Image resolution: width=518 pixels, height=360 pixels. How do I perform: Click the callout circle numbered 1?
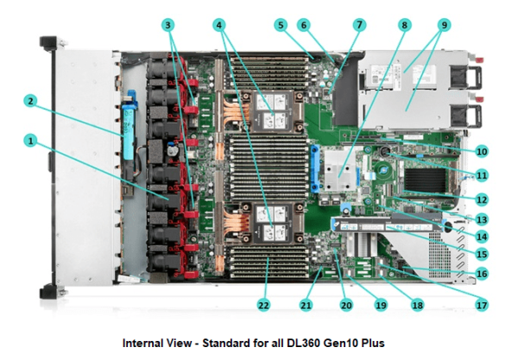[31, 139]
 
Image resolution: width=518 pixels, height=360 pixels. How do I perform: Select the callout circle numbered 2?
[31, 101]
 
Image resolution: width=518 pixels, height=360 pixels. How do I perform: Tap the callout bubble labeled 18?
[418, 304]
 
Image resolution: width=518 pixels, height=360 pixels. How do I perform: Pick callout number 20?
[346, 304]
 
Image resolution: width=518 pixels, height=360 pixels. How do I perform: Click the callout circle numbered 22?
[262, 304]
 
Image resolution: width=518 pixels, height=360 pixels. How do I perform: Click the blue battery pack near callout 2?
[134, 120]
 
